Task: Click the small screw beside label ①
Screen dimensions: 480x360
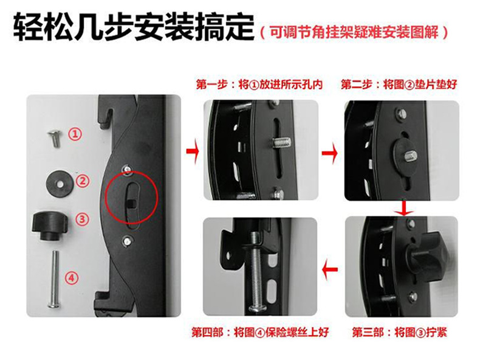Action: [x=55, y=137]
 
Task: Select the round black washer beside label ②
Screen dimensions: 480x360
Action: [x=60, y=183]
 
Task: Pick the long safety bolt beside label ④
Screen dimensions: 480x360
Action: [x=55, y=279]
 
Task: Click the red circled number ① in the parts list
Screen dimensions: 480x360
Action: [x=75, y=134]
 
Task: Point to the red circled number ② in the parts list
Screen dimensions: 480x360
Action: [x=82, y=181]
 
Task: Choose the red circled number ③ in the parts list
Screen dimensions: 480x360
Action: [x=82, y=220]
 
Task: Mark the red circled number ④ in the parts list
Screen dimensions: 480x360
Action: [x=71, y=278]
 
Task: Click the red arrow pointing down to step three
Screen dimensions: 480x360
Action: [x=405, y=208]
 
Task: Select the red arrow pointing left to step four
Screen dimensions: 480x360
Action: [x=330, y=270]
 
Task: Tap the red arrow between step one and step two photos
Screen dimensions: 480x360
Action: [x=330, y=153]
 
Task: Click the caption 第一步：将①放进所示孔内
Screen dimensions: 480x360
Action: [x=259, y=85]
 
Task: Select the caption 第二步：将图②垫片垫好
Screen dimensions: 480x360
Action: [x=399, y=85]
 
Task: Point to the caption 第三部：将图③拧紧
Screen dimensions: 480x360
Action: [x=399, y=332]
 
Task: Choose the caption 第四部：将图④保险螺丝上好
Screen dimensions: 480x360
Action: [x=260, y=332]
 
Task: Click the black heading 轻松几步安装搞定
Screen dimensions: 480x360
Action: [x=134, y=27]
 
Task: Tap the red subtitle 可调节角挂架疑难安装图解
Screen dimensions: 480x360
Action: [x=354, y=32]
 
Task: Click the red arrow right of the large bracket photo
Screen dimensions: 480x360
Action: [x=193, y=151]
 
